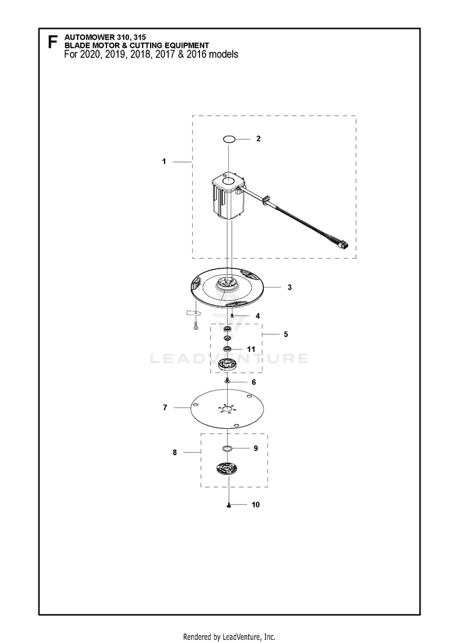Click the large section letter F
(52, 42)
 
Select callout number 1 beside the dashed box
(164, 162)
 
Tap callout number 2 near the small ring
(258, 139)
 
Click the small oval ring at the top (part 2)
(229, 139)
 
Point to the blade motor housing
(228, 198)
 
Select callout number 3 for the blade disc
(289, 287)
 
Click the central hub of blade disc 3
(228, 283)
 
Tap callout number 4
(258, 316)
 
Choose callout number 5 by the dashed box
(286, 334)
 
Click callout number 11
(251, 349)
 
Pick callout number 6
(254, 382)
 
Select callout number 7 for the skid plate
(165, 407)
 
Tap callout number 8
(175, 452)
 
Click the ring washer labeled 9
(227, 448)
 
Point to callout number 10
(256, 504)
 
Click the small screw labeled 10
(228, 505)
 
